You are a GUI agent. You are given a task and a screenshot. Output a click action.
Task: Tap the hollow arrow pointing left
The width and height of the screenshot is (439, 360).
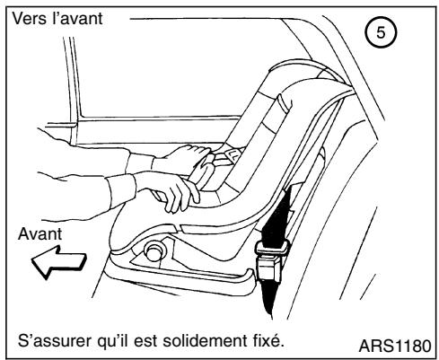pyautogui.click(x=56, y=266)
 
